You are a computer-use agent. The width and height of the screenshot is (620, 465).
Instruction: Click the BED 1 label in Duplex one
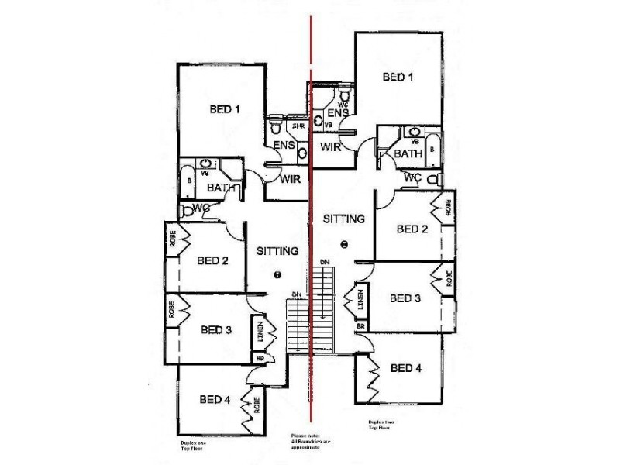coord(224,109)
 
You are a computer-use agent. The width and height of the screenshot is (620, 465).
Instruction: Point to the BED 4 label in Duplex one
coord(215,400)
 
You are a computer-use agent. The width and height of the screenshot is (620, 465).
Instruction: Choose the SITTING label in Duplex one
coord(277,251)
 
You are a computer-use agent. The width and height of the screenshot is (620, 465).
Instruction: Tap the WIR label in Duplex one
coord(291,179)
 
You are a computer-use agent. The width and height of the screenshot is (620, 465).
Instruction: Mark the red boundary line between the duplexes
coord(312,232)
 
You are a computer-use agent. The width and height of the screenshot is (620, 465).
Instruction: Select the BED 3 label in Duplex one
coord(216,329)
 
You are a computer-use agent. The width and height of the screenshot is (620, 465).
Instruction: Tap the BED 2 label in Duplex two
coord(412,229)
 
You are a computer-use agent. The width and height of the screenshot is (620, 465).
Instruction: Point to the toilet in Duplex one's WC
coord(187,209)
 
